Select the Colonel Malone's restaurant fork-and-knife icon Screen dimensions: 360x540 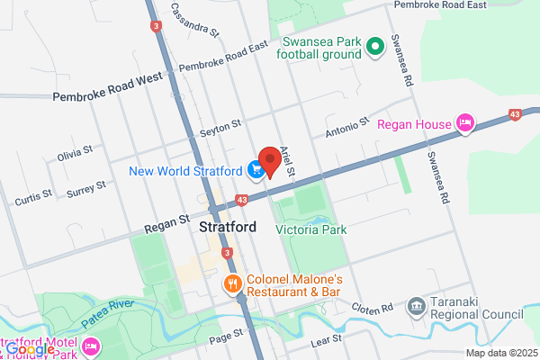232,285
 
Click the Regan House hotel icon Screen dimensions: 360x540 465,123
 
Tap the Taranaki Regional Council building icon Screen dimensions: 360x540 416,308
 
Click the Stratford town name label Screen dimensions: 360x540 227,228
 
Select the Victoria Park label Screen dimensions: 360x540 310,229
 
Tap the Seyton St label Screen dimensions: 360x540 221,125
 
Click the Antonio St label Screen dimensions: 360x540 346,124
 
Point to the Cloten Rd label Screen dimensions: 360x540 373,308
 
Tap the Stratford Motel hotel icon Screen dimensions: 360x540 91,346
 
